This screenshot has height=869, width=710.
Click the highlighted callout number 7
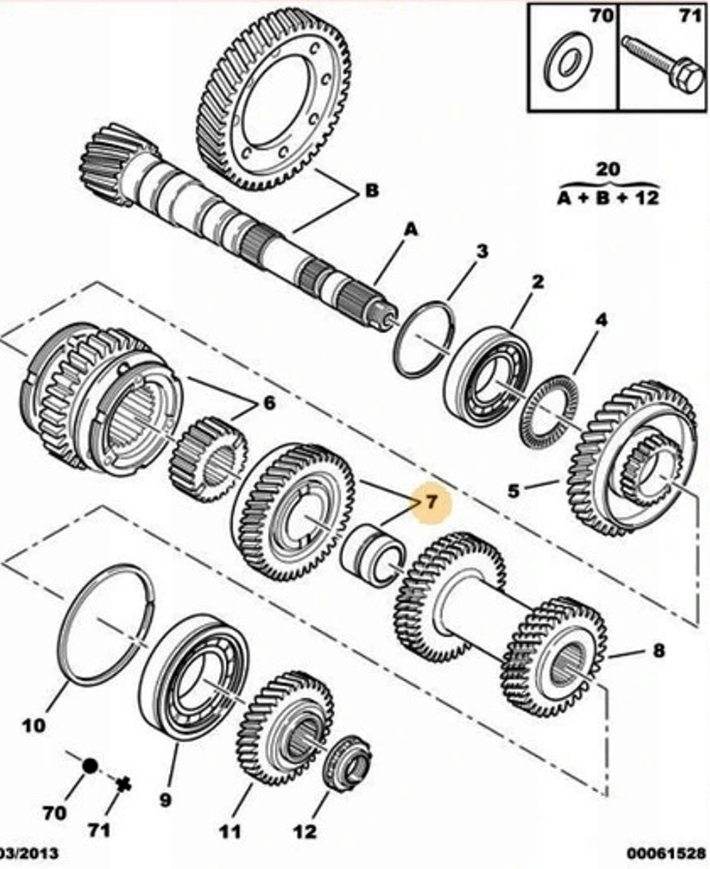(430, 504)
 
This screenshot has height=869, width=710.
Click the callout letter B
(371, 191)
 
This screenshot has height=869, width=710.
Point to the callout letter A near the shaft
(410, 227)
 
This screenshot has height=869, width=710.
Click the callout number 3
(482, 251)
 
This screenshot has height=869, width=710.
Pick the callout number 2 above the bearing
(537, 281)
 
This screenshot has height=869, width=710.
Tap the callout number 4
(601, 321)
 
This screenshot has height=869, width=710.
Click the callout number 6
(269, 403)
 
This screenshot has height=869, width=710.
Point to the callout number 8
(658, 651)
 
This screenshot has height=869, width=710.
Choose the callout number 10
(33, 726)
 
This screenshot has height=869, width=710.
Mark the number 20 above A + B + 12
(607, 169)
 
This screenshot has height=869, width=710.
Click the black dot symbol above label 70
(90, 765)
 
